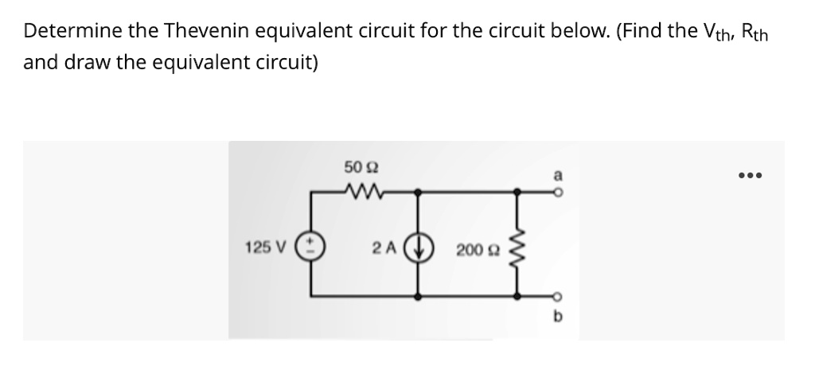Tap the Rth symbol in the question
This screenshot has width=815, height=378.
click(758, 33)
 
